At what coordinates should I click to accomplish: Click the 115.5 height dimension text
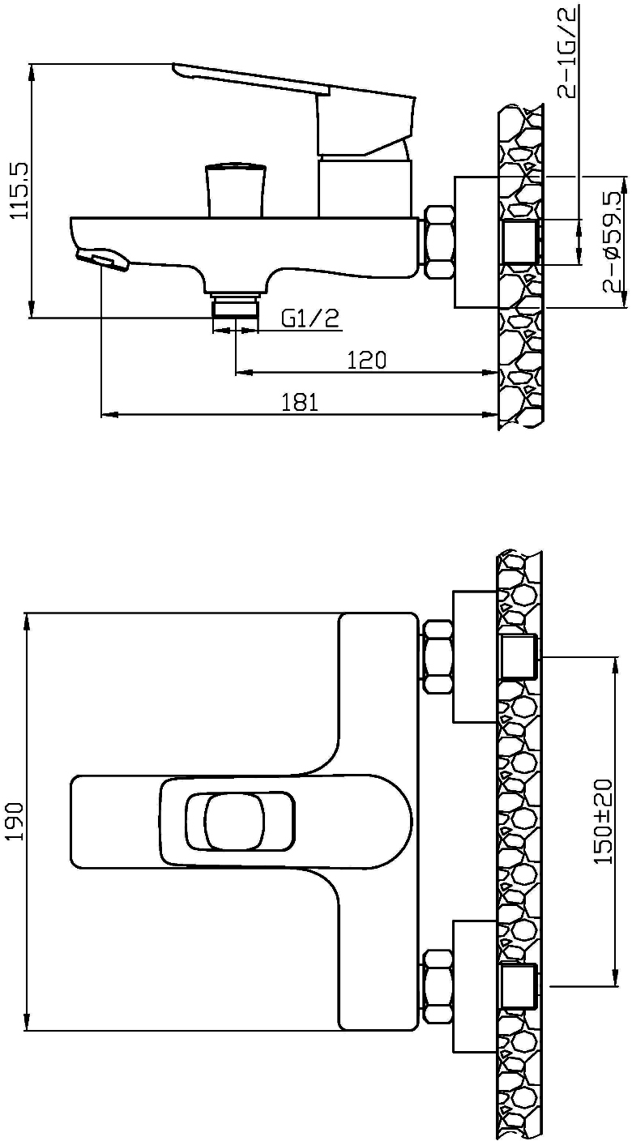click(x=19, y=190)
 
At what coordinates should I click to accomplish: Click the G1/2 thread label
click(x=310, y=318)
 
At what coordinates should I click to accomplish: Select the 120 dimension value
click(x=366, y=361)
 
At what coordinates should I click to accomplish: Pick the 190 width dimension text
click(x=17, y=821)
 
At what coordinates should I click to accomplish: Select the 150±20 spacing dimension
click(x=603, y=821)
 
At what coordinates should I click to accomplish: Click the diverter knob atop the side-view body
click(x=236, y=188)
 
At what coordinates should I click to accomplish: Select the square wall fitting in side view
click(x=520, y=242)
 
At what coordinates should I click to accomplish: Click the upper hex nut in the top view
click(x=438, y=656)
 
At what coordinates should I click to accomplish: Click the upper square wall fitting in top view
click(x=519, y=656)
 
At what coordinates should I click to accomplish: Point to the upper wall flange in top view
click(x=474, y=656)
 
